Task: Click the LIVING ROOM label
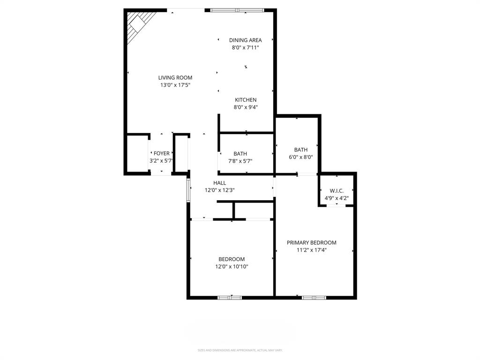click(175, 78)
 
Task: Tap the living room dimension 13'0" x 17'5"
click(175, 85)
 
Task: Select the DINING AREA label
click(245, 40)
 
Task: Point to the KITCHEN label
click(246, 100)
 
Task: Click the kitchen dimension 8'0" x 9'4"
click(246, 107)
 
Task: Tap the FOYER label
click(161, 153)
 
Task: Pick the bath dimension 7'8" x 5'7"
click(240, 161)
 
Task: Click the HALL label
click(219, 183)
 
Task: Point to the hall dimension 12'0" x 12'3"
click(219, 190)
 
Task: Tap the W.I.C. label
click(337, 191)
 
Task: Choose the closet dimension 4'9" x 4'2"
click(337, 198)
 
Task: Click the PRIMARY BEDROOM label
click(311, 243)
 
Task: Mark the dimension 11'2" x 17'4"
click(311, 250)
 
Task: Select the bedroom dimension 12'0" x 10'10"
click(232, 267)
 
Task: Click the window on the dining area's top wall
click(237, 10)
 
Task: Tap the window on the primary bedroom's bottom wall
click(314, 297)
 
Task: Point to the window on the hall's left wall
click(188, 190)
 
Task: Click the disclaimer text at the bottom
click(240, 350)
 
